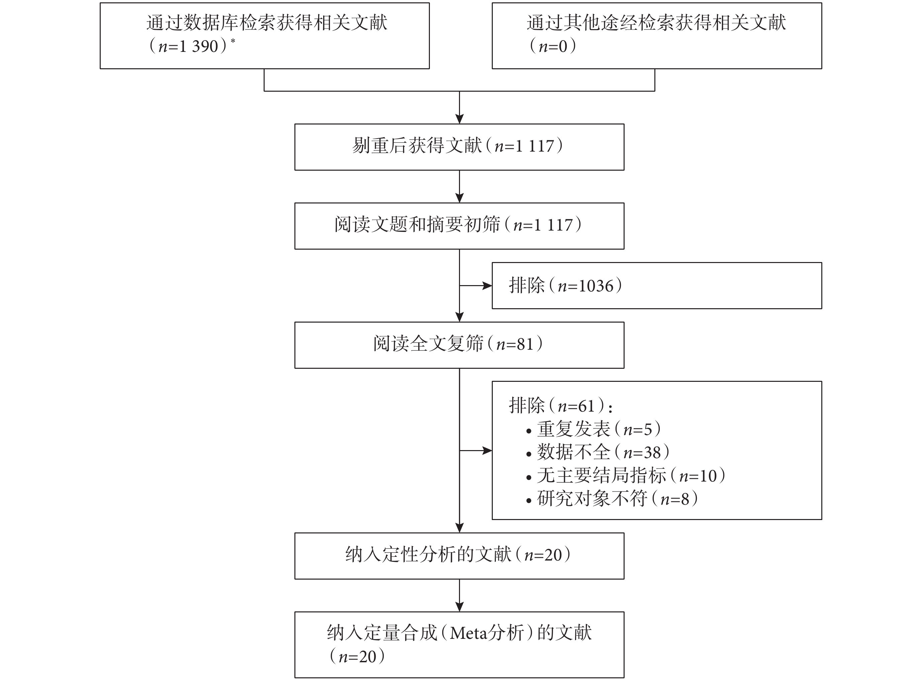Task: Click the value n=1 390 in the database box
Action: (188, 46)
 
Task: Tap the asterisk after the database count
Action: (233, 41)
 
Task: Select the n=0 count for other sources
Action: (553, 46)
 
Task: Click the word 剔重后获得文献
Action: (417, 146)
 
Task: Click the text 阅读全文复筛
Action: (428, 344)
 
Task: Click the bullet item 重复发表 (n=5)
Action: (594, 429)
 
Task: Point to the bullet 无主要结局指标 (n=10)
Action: (626, 475)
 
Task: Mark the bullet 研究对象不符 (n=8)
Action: (612, 498)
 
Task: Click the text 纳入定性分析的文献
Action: (428, 555)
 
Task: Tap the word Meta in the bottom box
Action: (467, 633)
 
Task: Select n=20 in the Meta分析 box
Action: (357, 656)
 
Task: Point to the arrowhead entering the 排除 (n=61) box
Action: (487, 450)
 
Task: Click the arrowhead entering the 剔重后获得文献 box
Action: (460, 119)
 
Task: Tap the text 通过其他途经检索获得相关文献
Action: (656, 23)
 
